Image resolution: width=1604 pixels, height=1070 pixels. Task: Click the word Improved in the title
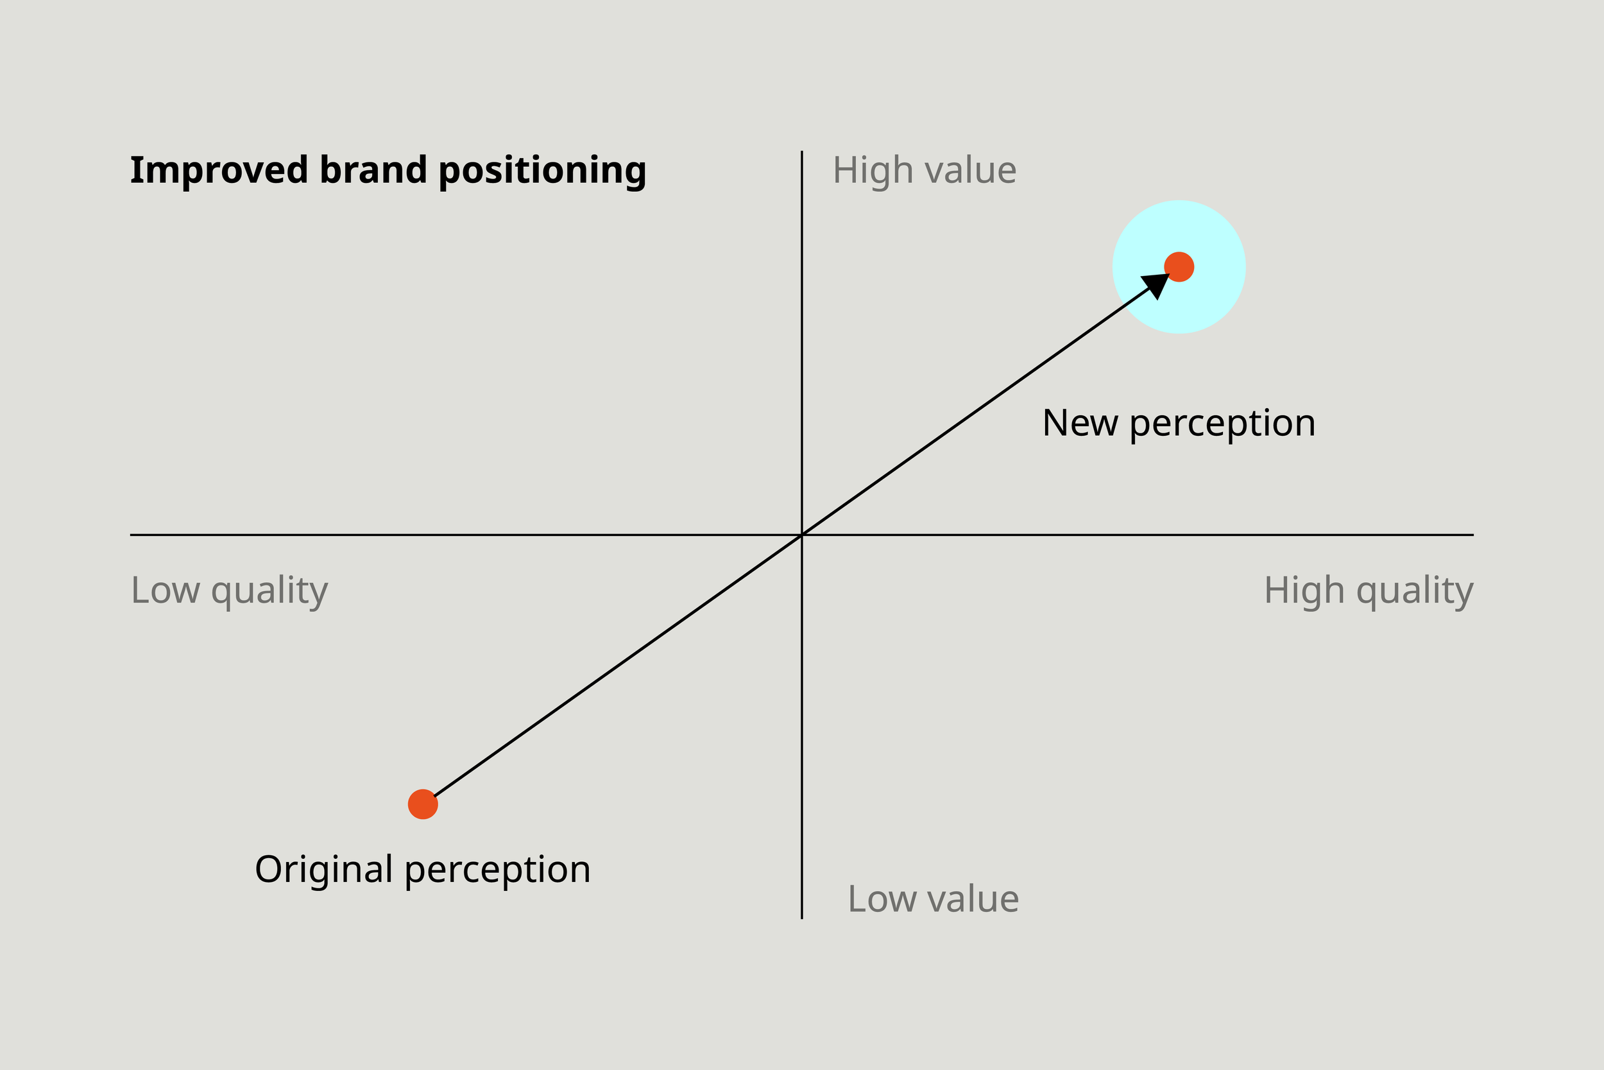click(x=218, y=170)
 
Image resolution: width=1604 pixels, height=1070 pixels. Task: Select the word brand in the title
click(x=373, y=170)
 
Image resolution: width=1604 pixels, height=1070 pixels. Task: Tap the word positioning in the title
click(x=542, y=171)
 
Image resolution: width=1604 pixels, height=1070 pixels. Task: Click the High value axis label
click(x=924, y=171)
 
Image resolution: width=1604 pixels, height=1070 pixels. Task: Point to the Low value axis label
click(x=933, y=899)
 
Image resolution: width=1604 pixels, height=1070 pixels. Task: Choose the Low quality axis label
click(x=229, y=591)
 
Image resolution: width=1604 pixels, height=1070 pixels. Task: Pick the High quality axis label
click(x=1368, y=591)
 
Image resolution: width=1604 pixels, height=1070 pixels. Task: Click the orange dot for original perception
click(x=423, y=804)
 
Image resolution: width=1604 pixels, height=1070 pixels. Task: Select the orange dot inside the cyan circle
click(x=1179, y=267)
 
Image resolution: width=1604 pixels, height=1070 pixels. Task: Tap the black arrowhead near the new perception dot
click(x=1157, y=284)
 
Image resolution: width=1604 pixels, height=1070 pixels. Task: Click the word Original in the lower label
click(x=324, y=870)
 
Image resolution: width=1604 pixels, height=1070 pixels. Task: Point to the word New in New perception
click(x=1080, y=423)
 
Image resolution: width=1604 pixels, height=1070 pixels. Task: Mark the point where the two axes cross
click(x=802, y=535)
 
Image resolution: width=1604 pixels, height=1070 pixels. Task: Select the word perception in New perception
click(x=1222, y=424)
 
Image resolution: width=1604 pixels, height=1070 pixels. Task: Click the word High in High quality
click(x=1305, y=591)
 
